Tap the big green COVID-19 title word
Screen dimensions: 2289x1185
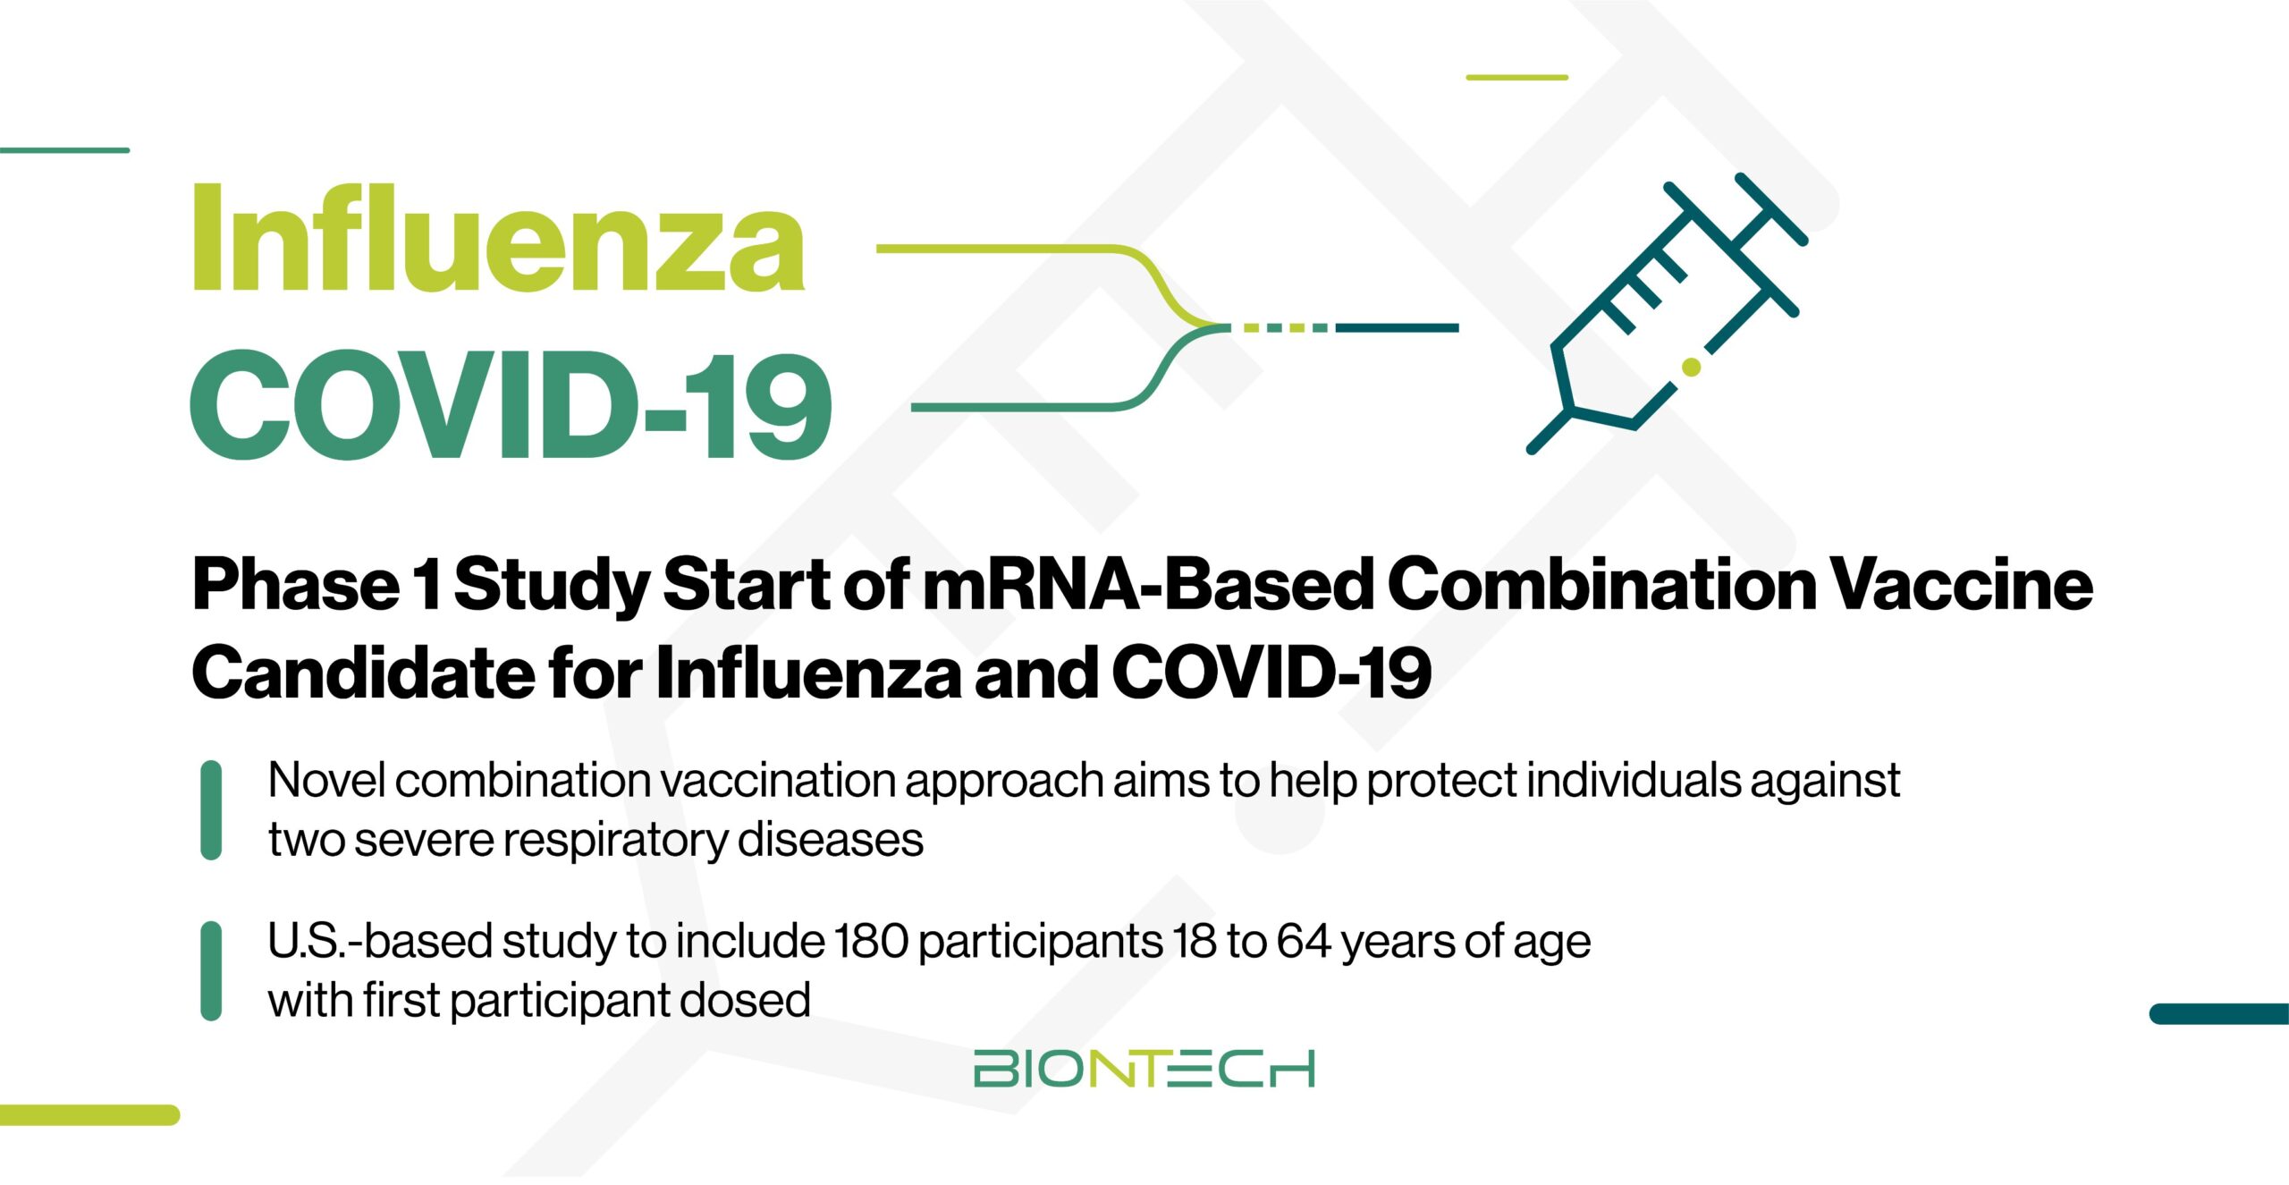coord(511,405)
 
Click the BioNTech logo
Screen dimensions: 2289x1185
coord(1144,1068)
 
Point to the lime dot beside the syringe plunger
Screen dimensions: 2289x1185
coord(1691,366)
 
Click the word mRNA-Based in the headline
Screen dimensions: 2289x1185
coord(1149,584)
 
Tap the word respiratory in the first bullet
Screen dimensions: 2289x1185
coord(615,841)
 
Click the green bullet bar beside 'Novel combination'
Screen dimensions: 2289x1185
coord(211,810)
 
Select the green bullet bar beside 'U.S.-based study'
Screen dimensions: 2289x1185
coord(211,971)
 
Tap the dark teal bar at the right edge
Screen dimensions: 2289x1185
coord(2219,1013)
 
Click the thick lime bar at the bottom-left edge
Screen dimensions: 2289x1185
coord(89,1114)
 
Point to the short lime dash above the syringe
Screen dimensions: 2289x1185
coord(1516,77)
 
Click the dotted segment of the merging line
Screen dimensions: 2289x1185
coord(1280,328)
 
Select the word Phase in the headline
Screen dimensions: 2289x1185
coord(296,584)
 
